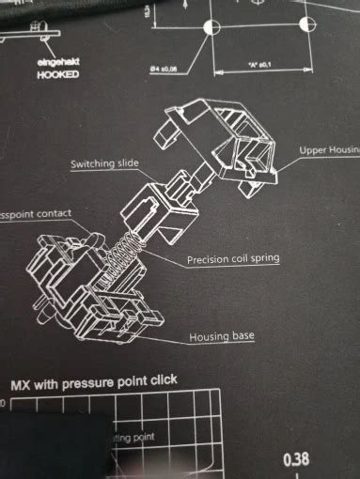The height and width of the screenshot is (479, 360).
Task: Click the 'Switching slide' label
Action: tap(104, 163)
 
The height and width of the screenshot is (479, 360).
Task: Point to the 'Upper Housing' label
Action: tap(329, 150)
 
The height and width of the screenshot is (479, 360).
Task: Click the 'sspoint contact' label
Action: tap(36, 214)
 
